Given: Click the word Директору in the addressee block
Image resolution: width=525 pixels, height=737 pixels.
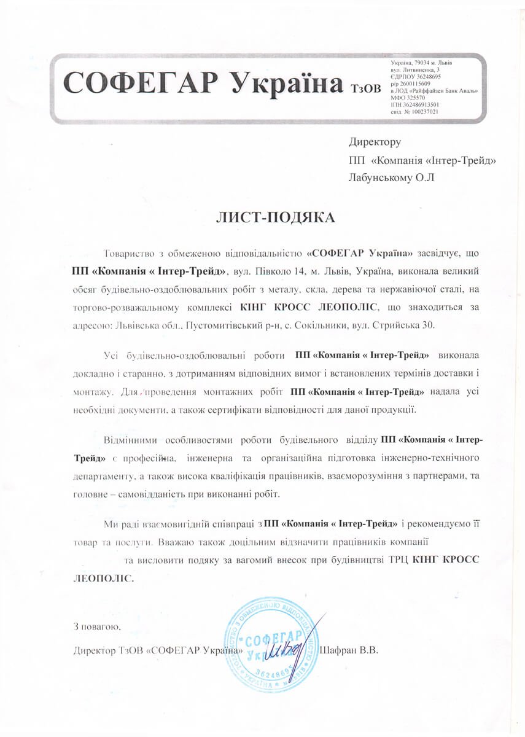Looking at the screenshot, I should point(375,142).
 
